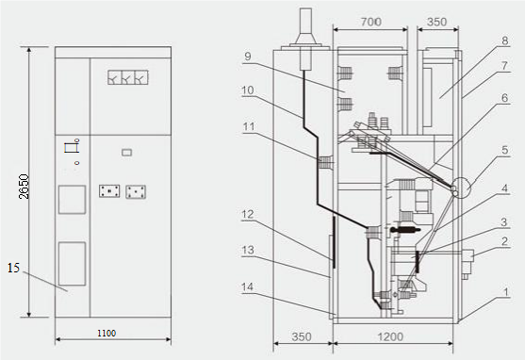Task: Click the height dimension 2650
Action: [24, 187]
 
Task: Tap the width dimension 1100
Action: [107, 334]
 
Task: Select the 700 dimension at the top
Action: [371, 22]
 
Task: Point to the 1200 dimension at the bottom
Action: [390, 336]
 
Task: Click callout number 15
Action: [14, 268]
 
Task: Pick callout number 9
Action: [248, 57]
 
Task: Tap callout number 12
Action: [248, 214]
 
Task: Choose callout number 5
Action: [505, 150]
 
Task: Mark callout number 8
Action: [505, 41]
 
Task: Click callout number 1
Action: [506, 292]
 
